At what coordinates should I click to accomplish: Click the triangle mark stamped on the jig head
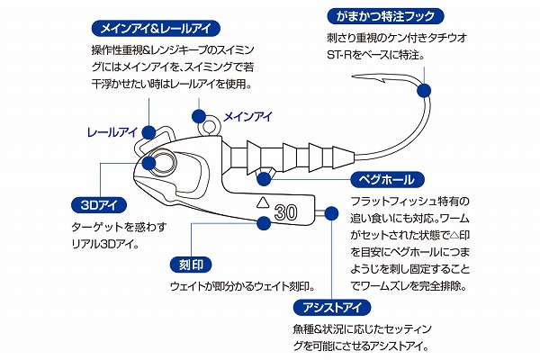(263, 201)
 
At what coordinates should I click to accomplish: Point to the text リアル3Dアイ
(104, 242)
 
